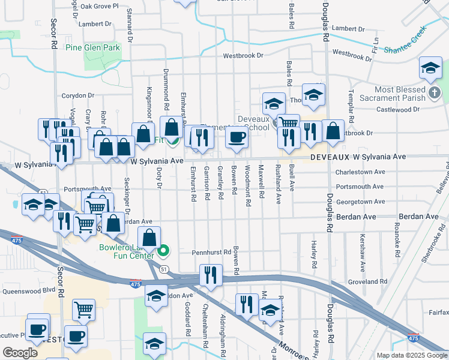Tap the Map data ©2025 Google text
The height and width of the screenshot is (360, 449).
click(412, 355)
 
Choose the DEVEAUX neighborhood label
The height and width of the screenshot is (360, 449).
click(330, 157)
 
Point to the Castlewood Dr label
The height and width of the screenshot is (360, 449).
click(398, 110)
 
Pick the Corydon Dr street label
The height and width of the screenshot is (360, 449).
click(79, 96)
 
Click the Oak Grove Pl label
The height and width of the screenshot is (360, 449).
click(97, 7)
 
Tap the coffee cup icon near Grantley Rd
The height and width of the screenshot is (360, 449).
click(237, 137)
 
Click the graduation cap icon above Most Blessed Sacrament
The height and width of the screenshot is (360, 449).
click(431, 68)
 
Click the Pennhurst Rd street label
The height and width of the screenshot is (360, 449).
click(212, 253)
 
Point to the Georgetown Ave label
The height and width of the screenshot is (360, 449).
click(361, 202)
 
